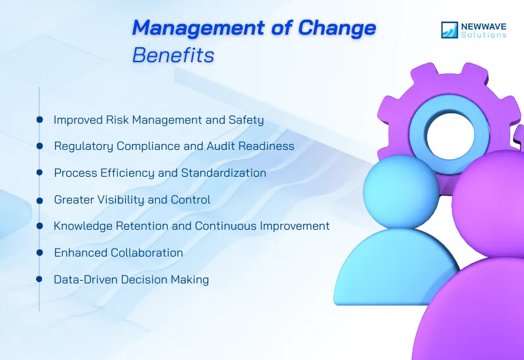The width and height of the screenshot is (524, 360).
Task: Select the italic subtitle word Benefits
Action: point(173,56)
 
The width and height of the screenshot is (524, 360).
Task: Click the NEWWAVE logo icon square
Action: point(450,30)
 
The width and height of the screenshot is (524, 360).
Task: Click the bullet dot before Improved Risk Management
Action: point(40,120)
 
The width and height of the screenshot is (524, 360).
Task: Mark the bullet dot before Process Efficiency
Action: point(40,173)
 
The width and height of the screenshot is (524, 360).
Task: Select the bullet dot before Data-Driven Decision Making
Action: point(40,279)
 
